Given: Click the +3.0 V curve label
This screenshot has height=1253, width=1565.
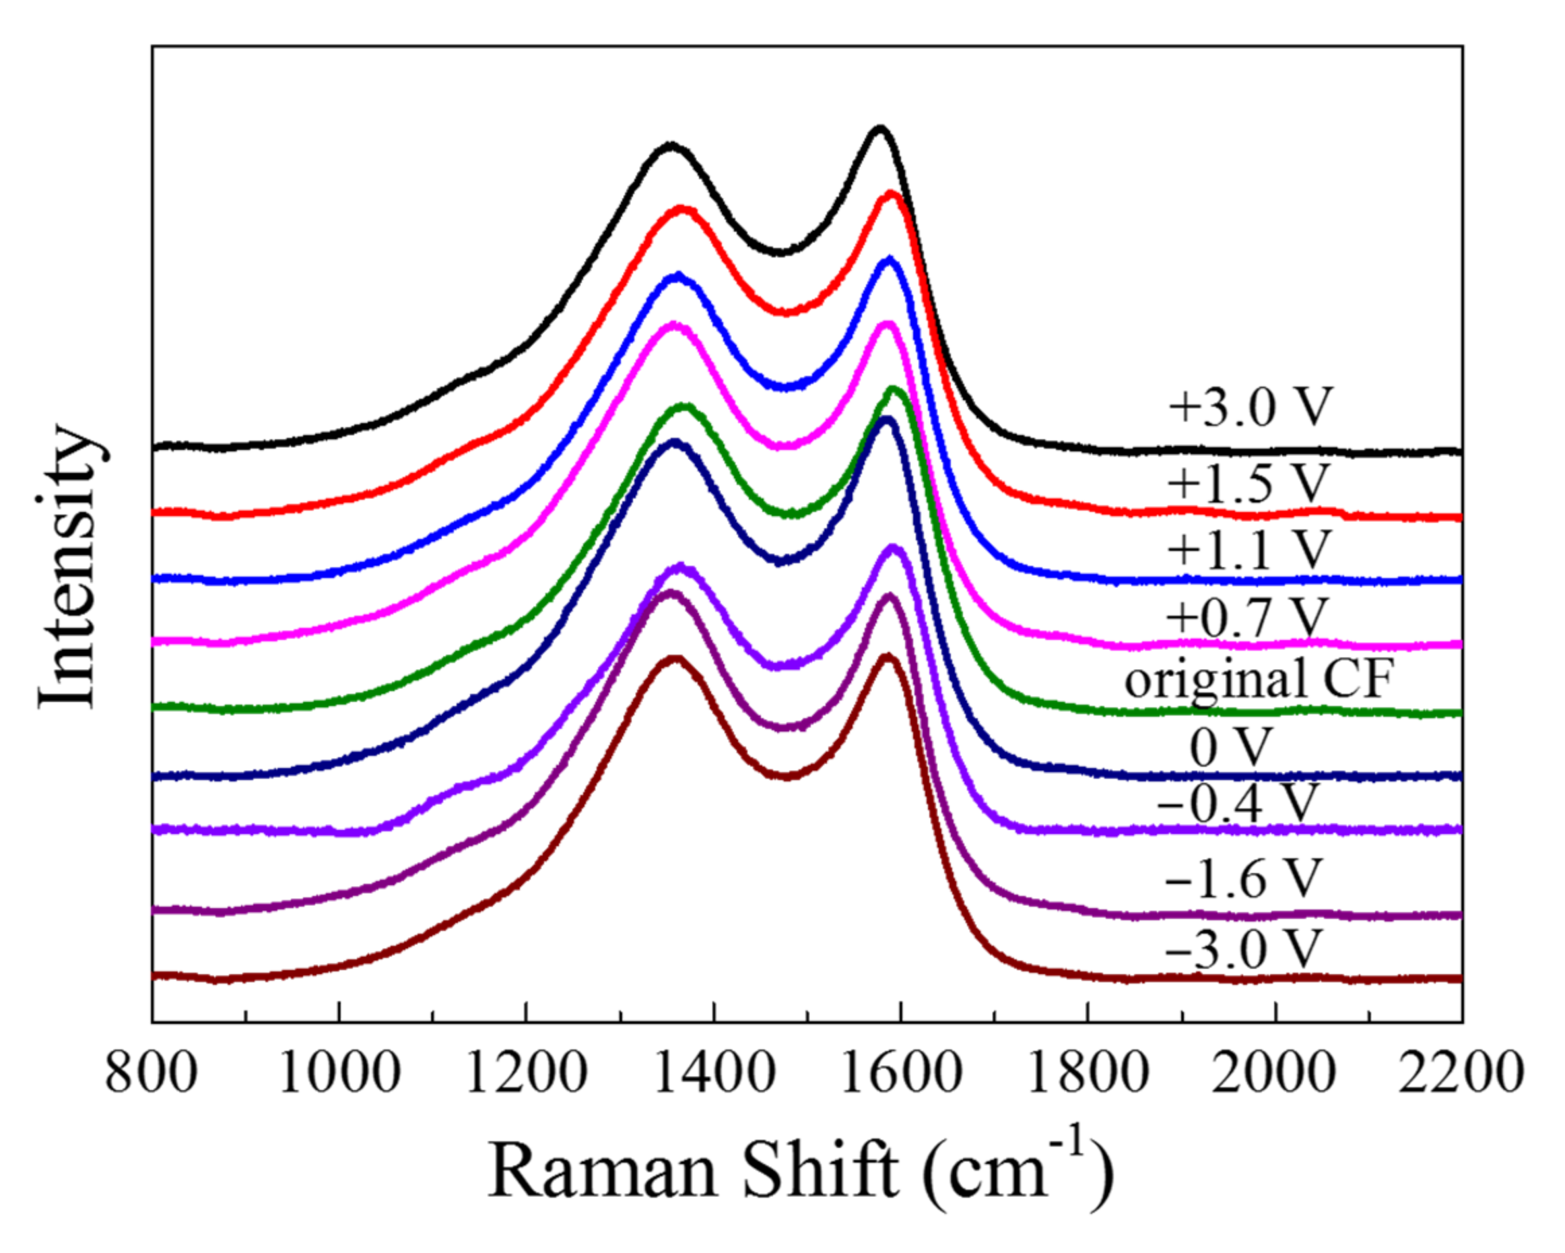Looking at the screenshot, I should pyautogui.click(x=1250, y=408).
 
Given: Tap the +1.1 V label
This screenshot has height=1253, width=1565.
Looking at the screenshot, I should pyautogui.click(x=1248, y=550).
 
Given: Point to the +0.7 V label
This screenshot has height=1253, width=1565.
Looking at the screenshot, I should pyautogui.click(x=1246, y=618).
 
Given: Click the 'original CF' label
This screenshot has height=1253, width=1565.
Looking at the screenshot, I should pyautogui.click(x=1259, y=680).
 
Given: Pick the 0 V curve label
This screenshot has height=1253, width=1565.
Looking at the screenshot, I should pyautogui.click(x=1231, y=747).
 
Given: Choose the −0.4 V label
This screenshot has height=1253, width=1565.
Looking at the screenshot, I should pyautogui.click(x=1238, y=803).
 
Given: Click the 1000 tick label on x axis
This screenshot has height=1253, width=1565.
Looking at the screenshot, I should pyautogui.click(x=339, y=1073).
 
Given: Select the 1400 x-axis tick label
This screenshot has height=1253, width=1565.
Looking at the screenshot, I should pyautogui.click(x=714, y=1073).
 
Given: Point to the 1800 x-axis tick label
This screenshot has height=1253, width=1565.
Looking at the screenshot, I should pyautogui.click(x=1088, y=1073).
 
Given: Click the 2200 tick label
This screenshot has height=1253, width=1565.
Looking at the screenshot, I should pyautogui.click(x=1461, y=1073).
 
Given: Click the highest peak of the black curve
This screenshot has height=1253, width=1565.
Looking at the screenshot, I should pyautogui.click(x=879, y=129).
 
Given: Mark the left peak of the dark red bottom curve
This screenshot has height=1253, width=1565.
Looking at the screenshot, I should pyautogui.click(x=674, y=659).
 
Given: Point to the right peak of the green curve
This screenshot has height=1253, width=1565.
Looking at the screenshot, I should pyautogui.click(x=894, y=390).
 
